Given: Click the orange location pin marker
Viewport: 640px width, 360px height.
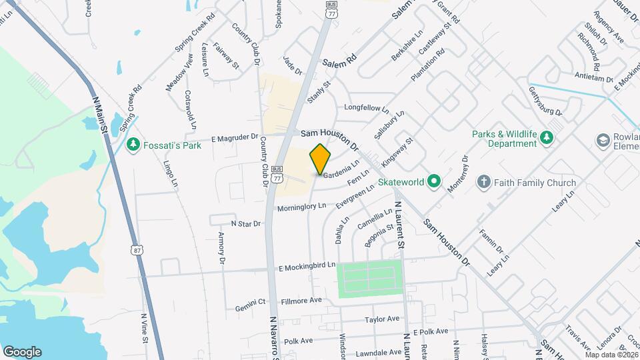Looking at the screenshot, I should tap(320, 159).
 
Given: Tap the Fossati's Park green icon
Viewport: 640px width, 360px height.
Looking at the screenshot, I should tap(134, 144).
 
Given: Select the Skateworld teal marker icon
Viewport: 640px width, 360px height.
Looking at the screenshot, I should tap(434, 181).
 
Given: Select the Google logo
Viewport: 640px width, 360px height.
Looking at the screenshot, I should tap(22, 352).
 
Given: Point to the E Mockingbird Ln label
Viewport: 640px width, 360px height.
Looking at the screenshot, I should tap(306, 265).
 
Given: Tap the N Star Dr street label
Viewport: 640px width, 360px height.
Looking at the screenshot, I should tap(245, 224).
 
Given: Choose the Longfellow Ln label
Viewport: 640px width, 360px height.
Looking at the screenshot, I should tap(365, 107).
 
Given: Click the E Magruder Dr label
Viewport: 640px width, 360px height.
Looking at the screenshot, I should tap(234, 138).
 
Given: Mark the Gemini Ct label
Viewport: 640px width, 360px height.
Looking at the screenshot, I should tap(251, 308).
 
